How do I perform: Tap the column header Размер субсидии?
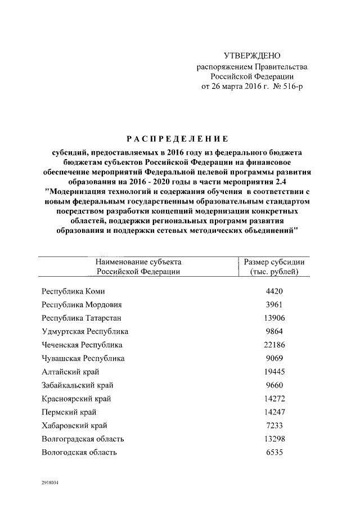(x=274, y=262)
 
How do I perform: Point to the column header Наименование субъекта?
(x=138, y=262)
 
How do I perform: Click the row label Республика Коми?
(x=73, y=291)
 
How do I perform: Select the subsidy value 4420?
(x=274, y=291)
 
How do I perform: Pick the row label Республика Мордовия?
(x=82, y=305)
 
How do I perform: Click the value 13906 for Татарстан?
(x=274, y=318)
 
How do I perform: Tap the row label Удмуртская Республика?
(x=85, y=332)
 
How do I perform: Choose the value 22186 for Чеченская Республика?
(x=274, y=345)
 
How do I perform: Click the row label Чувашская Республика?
(x=83, y=359)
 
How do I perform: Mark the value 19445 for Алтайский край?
(x=274, y=372)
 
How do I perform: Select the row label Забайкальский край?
(x=78, y=386)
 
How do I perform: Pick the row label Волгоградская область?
(x=83, y=439)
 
